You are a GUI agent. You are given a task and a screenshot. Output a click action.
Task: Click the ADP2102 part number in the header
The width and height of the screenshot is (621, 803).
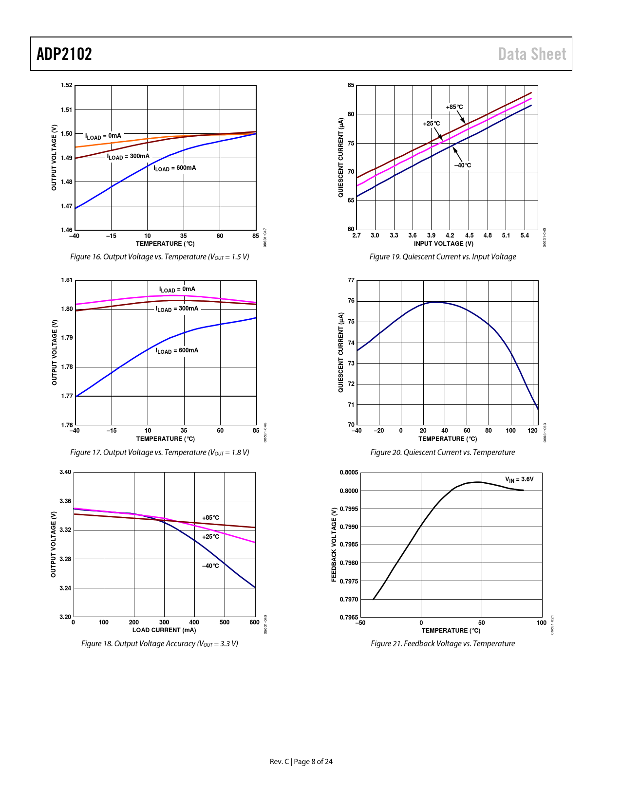pos(64,54)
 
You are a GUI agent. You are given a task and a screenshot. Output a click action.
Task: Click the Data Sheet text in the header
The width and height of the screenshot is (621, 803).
pos(532,54)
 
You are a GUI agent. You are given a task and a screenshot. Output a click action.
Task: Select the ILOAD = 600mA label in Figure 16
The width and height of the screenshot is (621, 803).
pos(175,168)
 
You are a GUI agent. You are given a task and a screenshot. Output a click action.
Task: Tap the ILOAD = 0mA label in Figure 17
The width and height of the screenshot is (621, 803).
pos(177,290)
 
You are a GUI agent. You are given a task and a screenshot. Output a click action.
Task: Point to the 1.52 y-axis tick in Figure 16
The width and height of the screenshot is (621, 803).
pos(67,86)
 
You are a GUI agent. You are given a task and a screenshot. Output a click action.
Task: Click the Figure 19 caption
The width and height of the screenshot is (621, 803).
pos(442,257)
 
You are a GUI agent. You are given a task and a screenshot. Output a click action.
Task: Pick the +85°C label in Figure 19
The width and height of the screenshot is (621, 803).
pos(454,107)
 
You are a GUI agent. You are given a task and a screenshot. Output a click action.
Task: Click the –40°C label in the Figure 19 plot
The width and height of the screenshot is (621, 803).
pos(463,165)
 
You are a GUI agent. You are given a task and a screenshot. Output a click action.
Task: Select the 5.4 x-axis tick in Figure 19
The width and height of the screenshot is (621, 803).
pos(525,236)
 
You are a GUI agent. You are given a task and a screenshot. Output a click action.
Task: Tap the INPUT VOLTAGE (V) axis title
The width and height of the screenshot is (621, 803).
pos(443,244)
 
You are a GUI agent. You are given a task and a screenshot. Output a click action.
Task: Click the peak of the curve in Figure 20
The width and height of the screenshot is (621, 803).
pos(436,302)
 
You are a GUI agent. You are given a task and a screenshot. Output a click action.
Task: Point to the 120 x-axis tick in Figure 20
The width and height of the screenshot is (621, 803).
pos(532,431)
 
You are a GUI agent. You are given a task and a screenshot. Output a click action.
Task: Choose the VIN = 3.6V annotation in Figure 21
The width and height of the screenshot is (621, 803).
pos(519,480)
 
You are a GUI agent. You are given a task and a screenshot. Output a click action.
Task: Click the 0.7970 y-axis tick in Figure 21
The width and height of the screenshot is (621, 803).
pos(349,600)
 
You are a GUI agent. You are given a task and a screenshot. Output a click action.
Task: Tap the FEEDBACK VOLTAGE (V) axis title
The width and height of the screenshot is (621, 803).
pos(334,545)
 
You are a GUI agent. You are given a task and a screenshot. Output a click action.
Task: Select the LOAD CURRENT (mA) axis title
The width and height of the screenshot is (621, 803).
pos(164,630)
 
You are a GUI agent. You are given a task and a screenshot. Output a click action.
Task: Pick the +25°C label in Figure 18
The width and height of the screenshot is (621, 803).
pos(210,537)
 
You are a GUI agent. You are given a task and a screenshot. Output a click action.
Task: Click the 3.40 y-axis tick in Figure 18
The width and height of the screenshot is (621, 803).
pos(66,472)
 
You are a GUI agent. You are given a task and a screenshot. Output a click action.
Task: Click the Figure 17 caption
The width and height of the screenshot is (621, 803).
pos(160,453)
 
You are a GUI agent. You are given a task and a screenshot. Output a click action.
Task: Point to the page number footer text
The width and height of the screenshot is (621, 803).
pos(301,762)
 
